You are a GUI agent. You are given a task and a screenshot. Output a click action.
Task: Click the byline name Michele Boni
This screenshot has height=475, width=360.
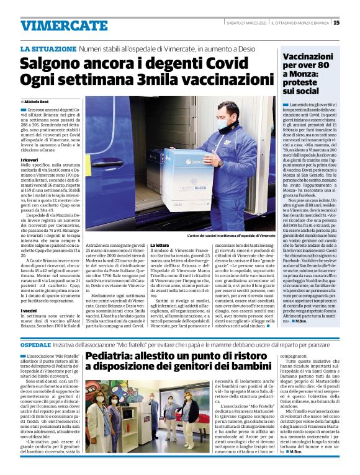tap(37, 100)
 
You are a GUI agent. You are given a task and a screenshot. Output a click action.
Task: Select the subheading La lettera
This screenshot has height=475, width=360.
tap(161, 246)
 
